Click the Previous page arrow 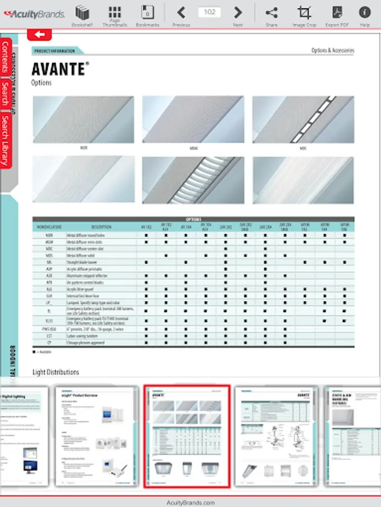click(181, 13)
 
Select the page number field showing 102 click(209, 12)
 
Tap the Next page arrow click(238, 13)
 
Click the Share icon click(271, 13)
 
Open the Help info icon click(365, 13)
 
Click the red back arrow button click(40, 34)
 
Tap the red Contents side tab click(6, 57)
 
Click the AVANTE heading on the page click(59, 69)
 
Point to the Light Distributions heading click(56, 372)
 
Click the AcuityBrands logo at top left click(33, 14)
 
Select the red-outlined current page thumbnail click(187, 437)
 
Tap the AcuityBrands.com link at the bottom click(191, 502)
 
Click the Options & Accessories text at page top click(332, 51)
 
